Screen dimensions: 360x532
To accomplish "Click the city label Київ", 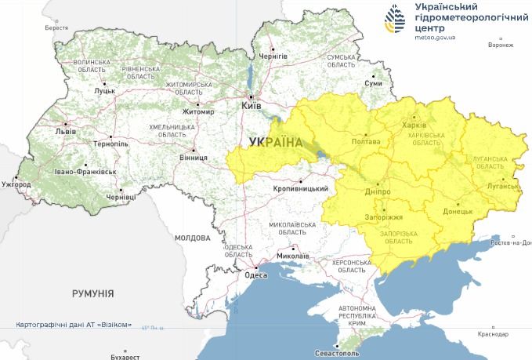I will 252,104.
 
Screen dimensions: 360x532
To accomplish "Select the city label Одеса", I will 256,275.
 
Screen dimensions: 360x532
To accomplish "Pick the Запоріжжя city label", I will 383,216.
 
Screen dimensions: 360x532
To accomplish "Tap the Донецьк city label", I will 458,211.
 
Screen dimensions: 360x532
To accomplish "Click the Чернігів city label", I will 274,56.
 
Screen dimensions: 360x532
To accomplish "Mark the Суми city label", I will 374,83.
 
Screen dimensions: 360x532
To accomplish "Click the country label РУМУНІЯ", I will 92,293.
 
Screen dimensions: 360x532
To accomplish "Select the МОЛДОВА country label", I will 193,237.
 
